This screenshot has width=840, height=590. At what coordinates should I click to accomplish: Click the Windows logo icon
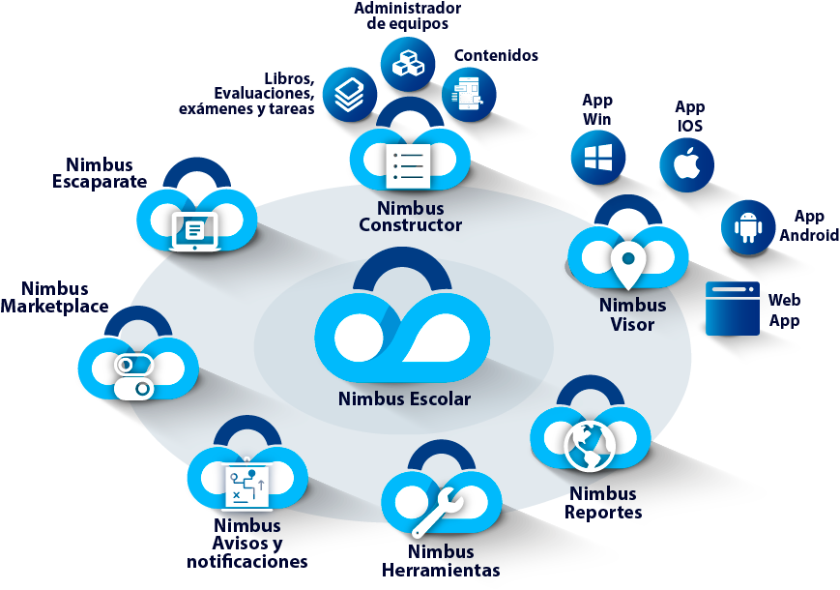click(x=598, y=158)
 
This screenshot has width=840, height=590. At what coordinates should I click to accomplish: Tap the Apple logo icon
click(x=686, y=164)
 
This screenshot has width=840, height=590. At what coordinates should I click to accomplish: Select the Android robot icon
click(x=748, y=226)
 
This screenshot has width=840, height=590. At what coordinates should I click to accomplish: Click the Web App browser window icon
click(x=733, y=308)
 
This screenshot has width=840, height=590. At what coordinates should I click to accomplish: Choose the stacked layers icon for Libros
click(x=349, y=94)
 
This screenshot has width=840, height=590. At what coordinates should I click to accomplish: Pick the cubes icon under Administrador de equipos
click(x=408, y=63)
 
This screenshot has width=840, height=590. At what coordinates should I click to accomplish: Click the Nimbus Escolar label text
click(x=404, y=398)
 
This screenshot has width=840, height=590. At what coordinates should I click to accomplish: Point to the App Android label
click(x=809, y=226)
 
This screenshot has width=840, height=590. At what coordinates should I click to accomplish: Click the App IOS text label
click(x=689, y=116)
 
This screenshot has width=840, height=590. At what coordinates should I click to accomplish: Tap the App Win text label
click(x=596, y=109)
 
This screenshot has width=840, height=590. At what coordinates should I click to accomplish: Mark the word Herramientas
click(x=441, y=570)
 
